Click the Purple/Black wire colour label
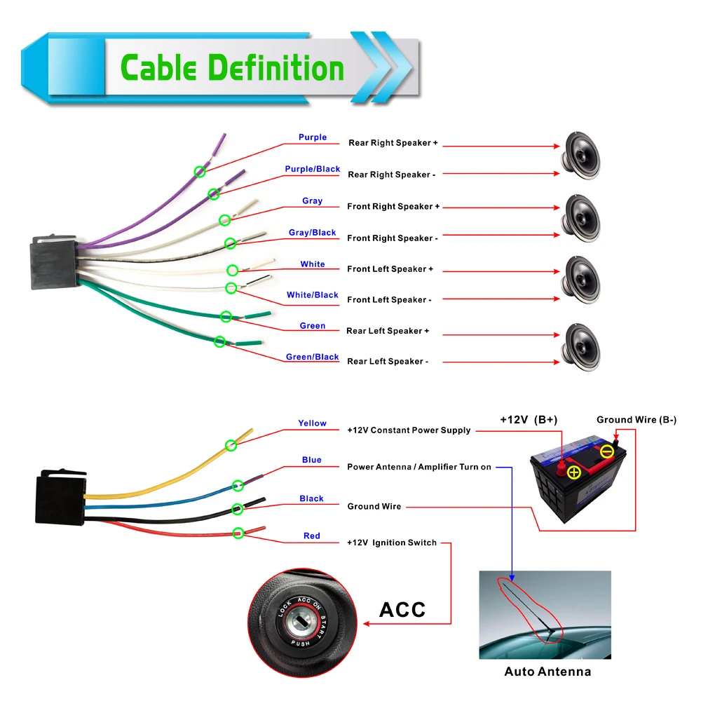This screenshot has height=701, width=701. pos(313,169)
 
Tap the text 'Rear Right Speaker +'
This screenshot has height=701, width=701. pos(393,143)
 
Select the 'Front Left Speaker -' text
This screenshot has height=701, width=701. pos(389,300)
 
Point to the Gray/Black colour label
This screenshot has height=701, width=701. pos(312,233)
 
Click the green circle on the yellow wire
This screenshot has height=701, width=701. pos(231,445)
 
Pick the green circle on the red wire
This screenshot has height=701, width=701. pos(238,533)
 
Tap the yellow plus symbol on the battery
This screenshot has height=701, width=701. pos(574,472)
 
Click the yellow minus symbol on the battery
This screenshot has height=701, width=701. pos(606,451)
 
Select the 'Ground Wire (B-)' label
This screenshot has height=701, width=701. pos(637,420)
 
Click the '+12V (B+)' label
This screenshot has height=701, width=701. pos(529,420)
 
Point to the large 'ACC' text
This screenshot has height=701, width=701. pos(402,610)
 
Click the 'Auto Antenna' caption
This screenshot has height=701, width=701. pos(547,672)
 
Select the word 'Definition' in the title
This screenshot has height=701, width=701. pos(276,68)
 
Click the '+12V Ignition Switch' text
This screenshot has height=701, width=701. pos(392,543)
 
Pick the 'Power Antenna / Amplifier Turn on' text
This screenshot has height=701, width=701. pos(419,467)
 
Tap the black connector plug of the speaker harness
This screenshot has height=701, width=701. pos(55,262)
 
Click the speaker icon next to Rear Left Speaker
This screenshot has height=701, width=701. pos(580,348)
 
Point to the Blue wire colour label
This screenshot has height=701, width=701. pos(312,460)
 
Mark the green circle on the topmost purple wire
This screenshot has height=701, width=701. pos(200,171)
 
